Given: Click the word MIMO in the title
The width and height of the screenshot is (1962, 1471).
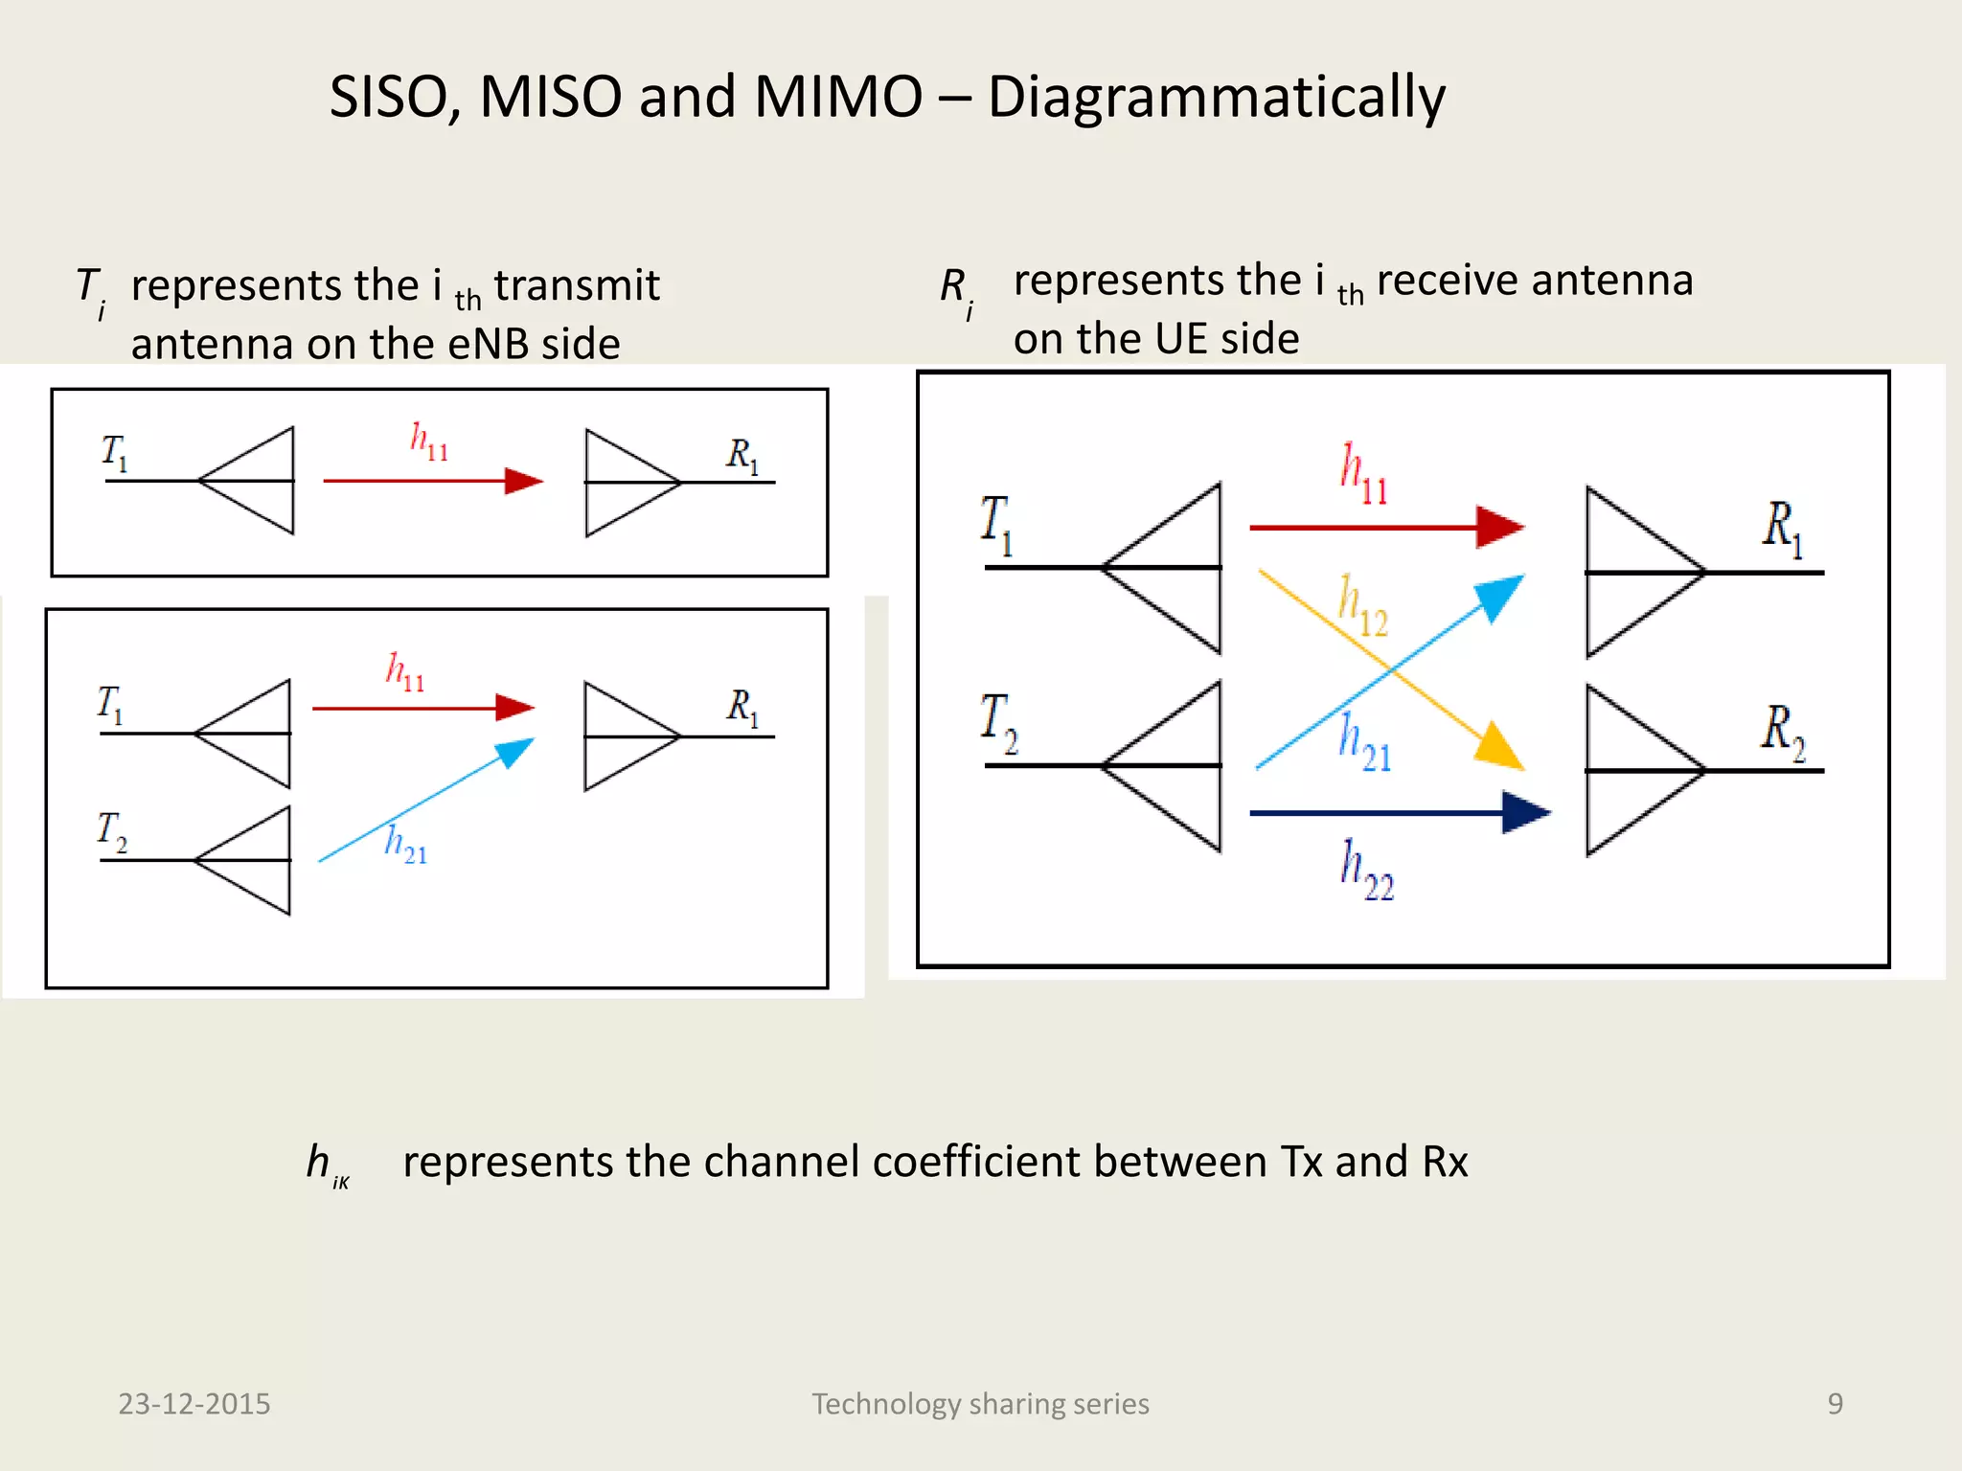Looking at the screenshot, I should point(837,97).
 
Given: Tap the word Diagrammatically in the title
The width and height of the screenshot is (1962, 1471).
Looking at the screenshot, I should point(1216,99).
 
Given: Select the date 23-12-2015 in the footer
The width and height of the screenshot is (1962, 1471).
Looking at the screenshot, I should point(194,1403).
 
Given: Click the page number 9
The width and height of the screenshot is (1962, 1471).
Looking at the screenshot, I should point(1835,1403).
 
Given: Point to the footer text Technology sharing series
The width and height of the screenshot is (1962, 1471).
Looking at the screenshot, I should point(980,1403).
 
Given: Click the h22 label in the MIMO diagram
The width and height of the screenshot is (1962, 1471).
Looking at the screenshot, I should point(1365,869).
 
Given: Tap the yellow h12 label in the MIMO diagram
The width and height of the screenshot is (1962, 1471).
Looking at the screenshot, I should point(1362,606).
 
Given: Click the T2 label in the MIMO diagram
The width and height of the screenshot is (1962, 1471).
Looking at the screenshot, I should point(998,722).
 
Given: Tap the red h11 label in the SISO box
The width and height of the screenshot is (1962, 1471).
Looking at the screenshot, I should point(428,441).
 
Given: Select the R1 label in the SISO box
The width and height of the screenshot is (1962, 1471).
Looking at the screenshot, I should point(742,455).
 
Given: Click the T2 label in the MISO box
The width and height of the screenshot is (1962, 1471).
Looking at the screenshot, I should point(111,830).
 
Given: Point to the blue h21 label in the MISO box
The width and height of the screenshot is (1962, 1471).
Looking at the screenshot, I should point(405,845).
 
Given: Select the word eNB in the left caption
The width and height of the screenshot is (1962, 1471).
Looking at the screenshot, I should point(488,344).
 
